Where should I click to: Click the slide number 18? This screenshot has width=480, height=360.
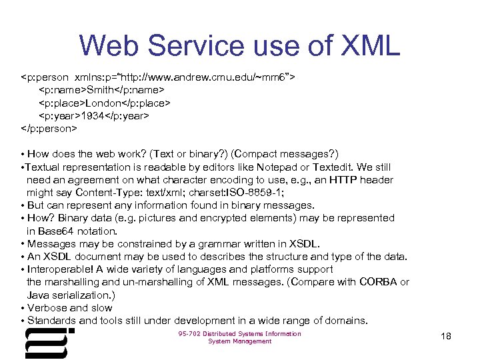[x=446, y=337]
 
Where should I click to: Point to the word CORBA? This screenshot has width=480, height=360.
[x=377, y=282]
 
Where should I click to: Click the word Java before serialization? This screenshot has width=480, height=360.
[x=38, y=295]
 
